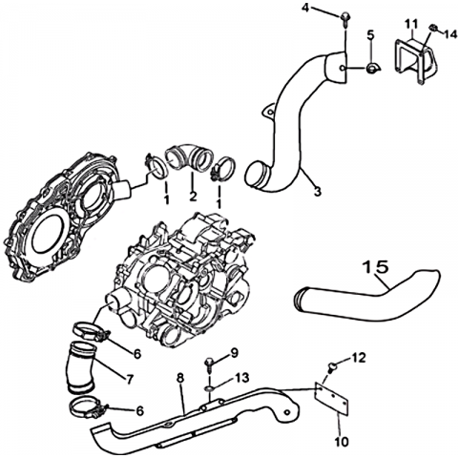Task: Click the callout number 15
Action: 376,267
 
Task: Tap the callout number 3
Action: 317,192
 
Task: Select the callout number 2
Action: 193,197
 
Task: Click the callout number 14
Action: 450,33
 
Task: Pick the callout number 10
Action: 342,441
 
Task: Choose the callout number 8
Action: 180,378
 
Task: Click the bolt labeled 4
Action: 344,18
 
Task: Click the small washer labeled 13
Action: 210,388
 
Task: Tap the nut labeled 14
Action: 433,28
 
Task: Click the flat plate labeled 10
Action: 331,399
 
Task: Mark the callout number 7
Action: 130,379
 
